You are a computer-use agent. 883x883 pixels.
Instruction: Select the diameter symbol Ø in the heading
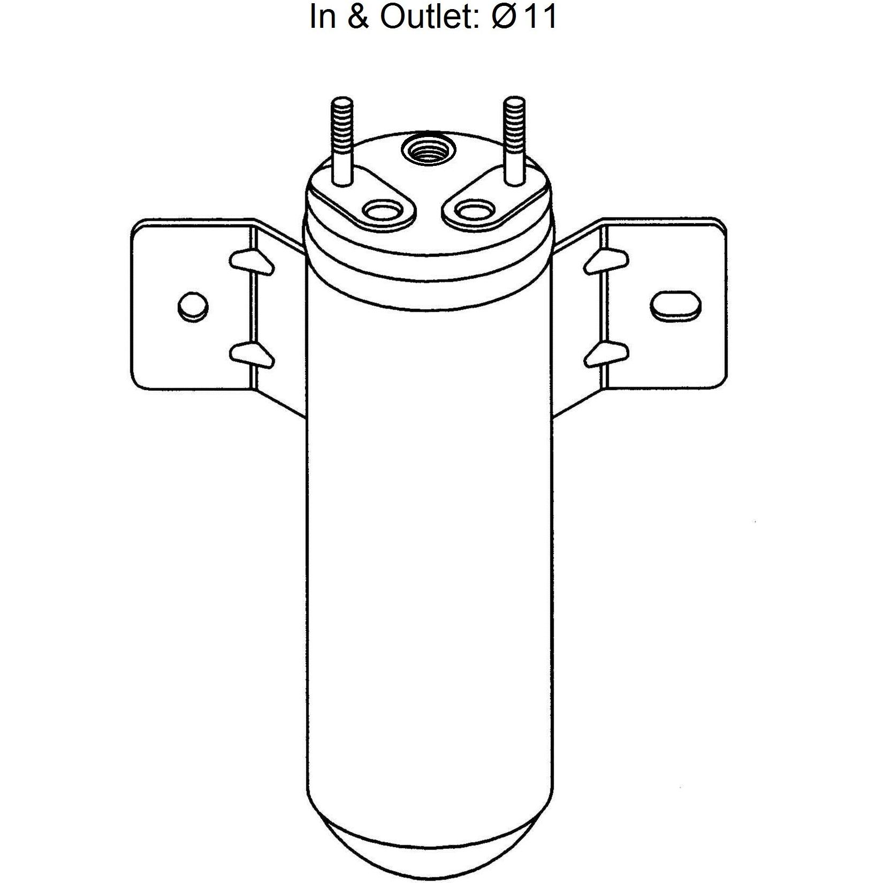pos(503,16)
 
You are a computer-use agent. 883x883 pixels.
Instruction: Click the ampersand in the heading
pos(357,16)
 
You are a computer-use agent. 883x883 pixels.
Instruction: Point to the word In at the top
pos(323,16)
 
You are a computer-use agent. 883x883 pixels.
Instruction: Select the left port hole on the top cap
pos(383,211)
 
